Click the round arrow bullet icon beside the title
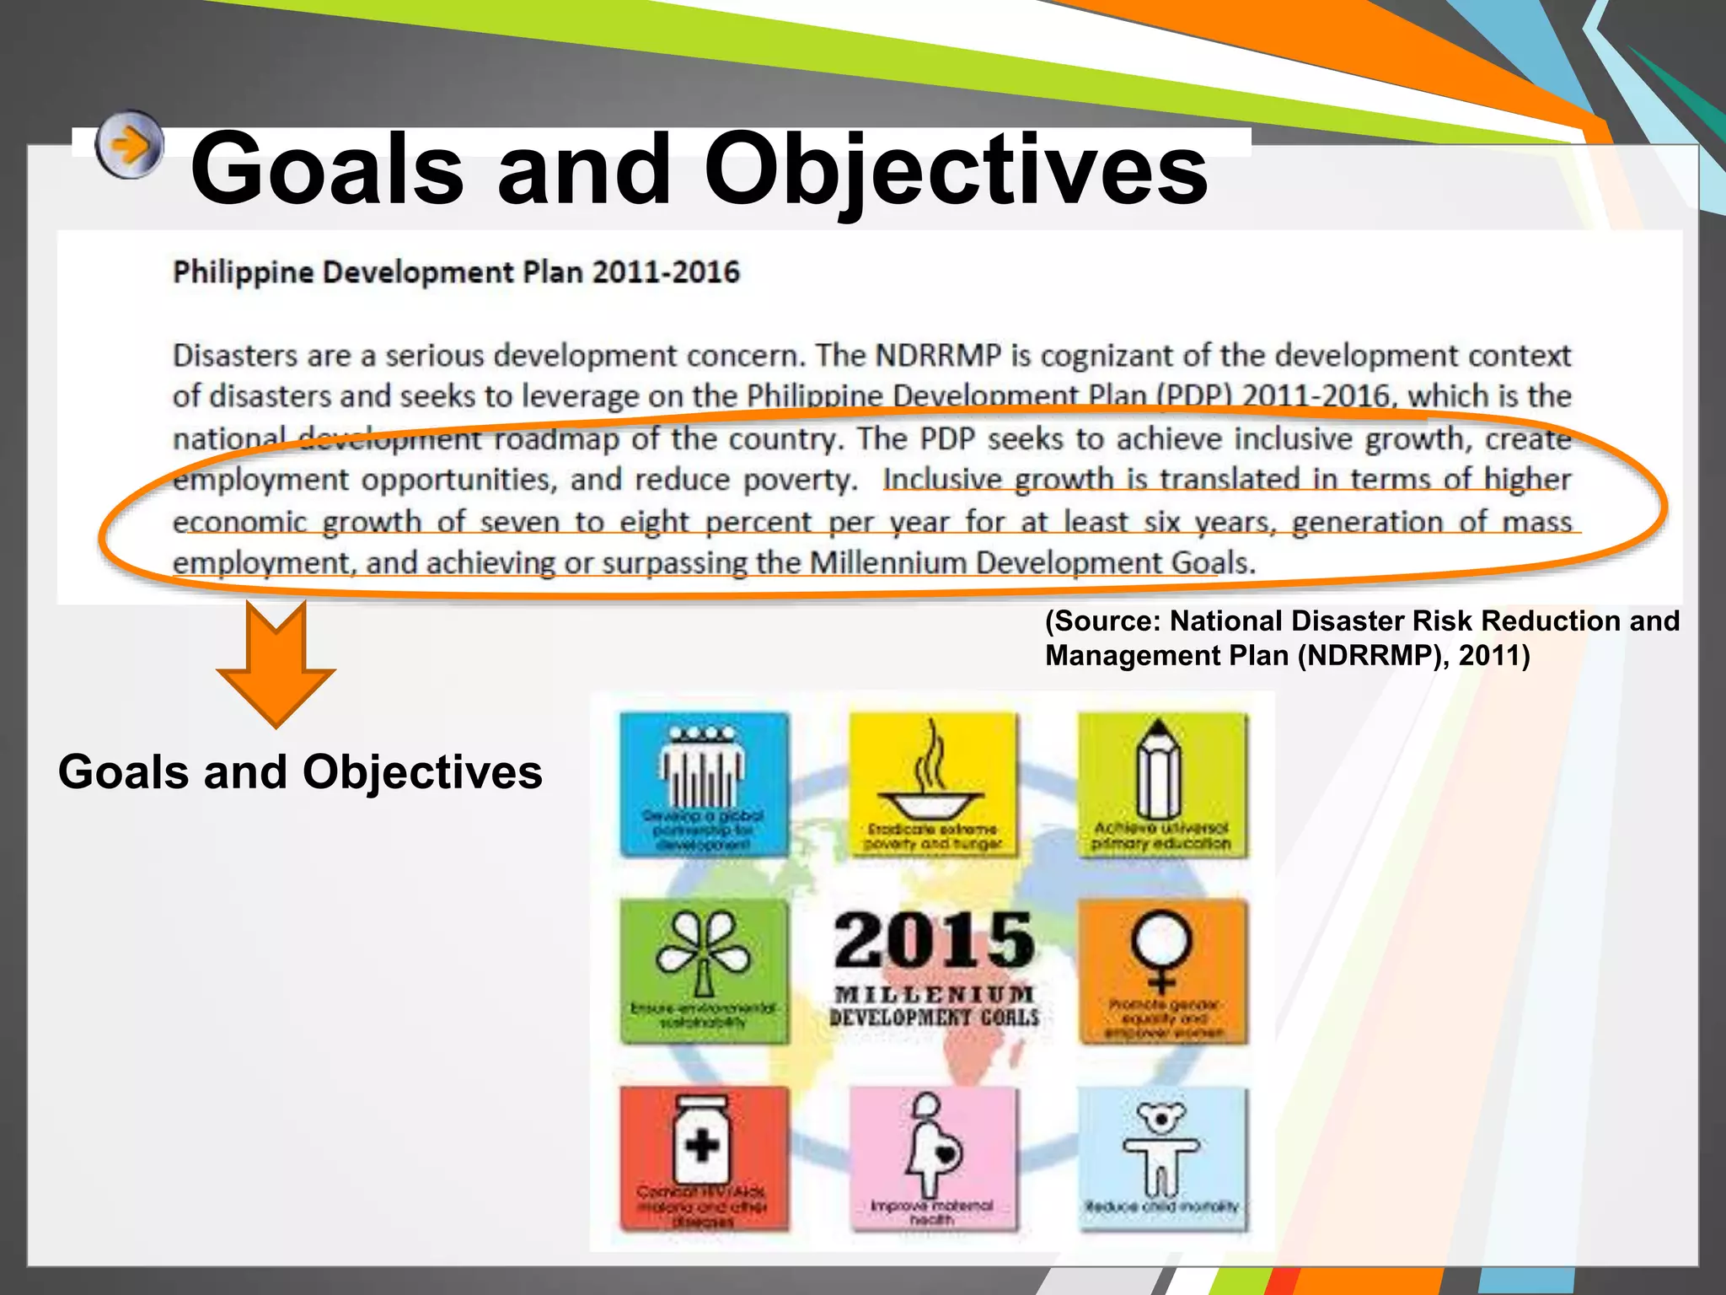pos(129,145)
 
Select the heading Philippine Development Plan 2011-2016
pos(456,273)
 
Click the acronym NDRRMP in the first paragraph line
pos(938,356)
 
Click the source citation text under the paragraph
pos(1361,638)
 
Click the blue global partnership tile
pos(704,784)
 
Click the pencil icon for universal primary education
pos(1160,771)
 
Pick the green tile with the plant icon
pos(704,970)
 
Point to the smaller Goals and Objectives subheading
pos(300,771)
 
